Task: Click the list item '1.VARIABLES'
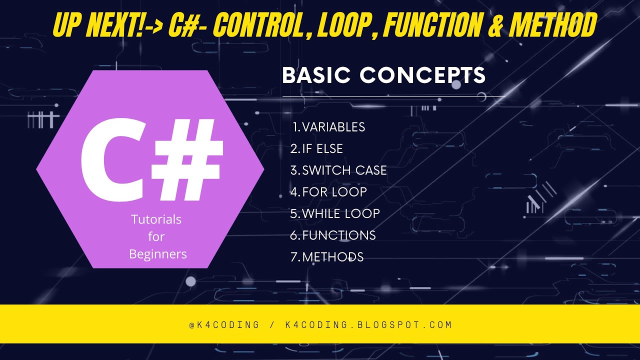coord(329,127)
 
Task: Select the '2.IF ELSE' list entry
coord(316,149)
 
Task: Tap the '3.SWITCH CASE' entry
coord(338,170)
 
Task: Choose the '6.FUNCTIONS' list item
coord(333,235)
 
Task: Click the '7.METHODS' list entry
coord(327,257)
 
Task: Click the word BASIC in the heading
coord(317,75)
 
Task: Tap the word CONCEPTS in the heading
coord(422,75)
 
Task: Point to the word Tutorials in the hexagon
coord(156,219)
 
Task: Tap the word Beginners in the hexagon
coord(158,254)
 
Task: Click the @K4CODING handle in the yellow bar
coord(224,325)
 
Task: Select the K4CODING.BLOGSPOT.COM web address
coord(368,325)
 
